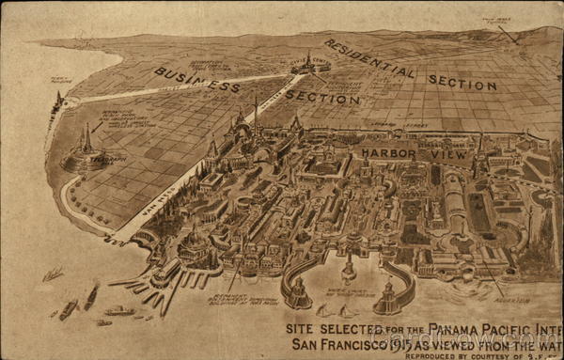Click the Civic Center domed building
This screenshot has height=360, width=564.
pos(308,63)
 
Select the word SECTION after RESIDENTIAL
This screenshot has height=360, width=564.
pos(462,82)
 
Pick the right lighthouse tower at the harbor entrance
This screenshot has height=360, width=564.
pos(388,293)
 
